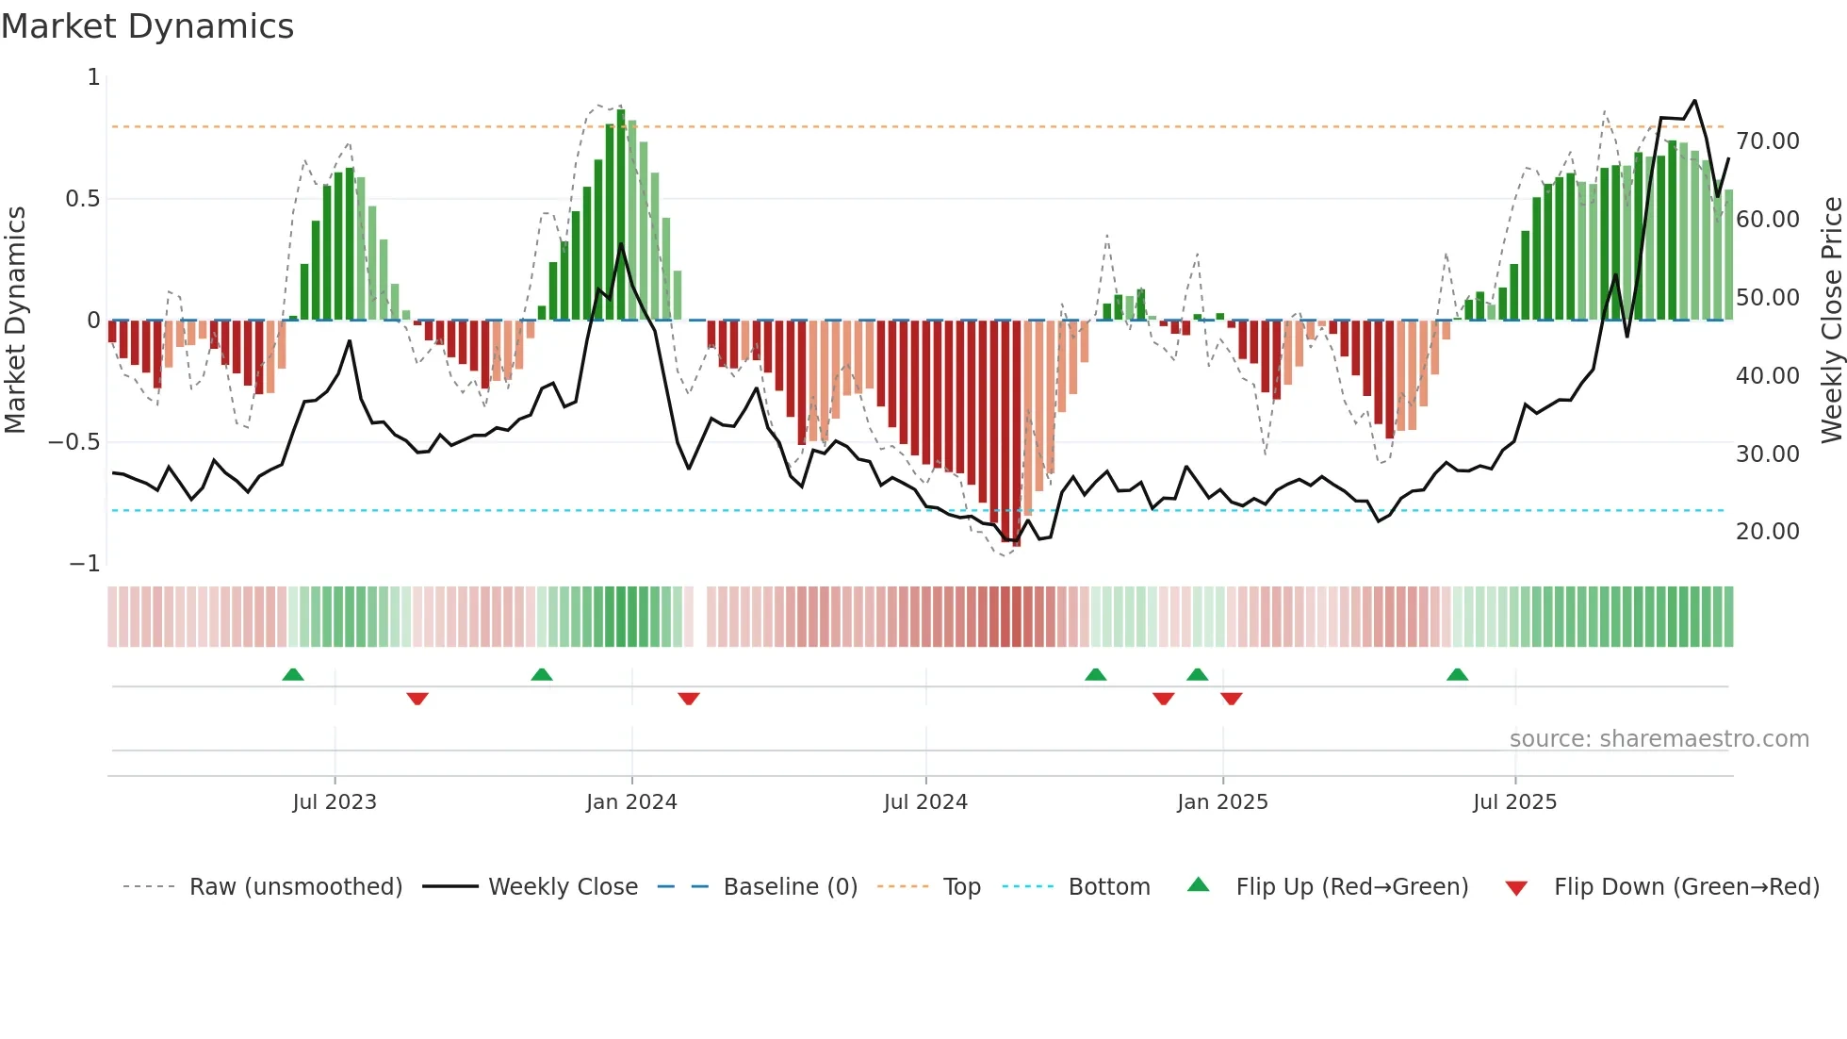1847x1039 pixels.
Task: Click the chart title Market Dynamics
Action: coord(147,26)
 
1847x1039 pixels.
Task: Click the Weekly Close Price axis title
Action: coord(1831,320)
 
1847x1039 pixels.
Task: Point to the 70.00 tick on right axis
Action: coord(1767,141)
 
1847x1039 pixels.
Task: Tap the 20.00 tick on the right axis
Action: coord(1767,532)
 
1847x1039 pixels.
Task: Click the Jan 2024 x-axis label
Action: coord(631,802)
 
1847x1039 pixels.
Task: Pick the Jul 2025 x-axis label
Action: coord(1514,802)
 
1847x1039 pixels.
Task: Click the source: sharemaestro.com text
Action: coord(1659,739)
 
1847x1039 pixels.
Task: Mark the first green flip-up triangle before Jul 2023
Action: coord(293,674)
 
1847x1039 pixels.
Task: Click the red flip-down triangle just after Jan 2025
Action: coord(1231,699)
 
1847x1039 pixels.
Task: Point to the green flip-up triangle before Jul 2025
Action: coord(1457,674)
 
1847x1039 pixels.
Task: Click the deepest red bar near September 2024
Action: coord(1016,434)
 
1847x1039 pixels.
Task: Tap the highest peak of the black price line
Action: coord(1694,101)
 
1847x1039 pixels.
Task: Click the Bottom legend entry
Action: coord(1108,887)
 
